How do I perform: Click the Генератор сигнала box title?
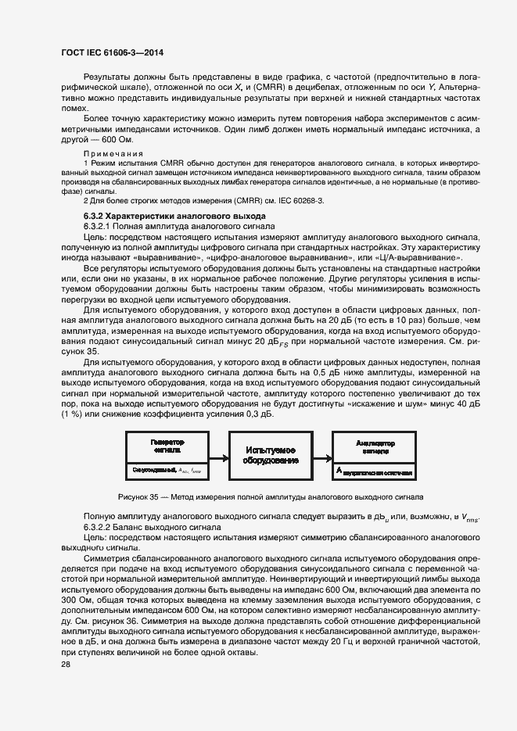pyautogui.click(x=167, y=446)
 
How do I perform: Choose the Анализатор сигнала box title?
pyautogui.click(x=375, y=446)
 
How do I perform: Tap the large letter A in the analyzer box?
pyautogui.click(x=339, y=471)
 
